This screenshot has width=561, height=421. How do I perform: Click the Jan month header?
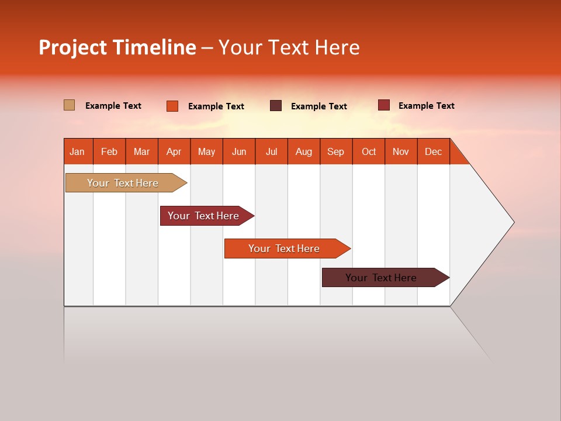point(78,151)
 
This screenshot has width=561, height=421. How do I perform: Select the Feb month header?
point(109,151)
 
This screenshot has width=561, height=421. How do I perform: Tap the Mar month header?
point(141,151)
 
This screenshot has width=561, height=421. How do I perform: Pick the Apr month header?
point(174,151)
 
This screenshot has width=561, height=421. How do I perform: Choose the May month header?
point(206,151)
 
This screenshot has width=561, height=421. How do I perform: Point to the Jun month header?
point(239,151)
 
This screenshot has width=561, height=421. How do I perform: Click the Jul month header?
point(271,151)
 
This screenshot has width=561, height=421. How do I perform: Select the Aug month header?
point(304,151)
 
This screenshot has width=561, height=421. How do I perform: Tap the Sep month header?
point(336,151)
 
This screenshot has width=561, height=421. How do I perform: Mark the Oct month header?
point(369,151)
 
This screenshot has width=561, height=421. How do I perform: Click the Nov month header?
point(401,151)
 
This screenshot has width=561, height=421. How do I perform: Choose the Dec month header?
point(434,151)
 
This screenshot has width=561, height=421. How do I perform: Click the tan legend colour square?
point(69,105)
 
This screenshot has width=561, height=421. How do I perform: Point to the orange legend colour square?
point(172,106)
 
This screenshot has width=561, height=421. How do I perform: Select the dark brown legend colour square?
point(276,105)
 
